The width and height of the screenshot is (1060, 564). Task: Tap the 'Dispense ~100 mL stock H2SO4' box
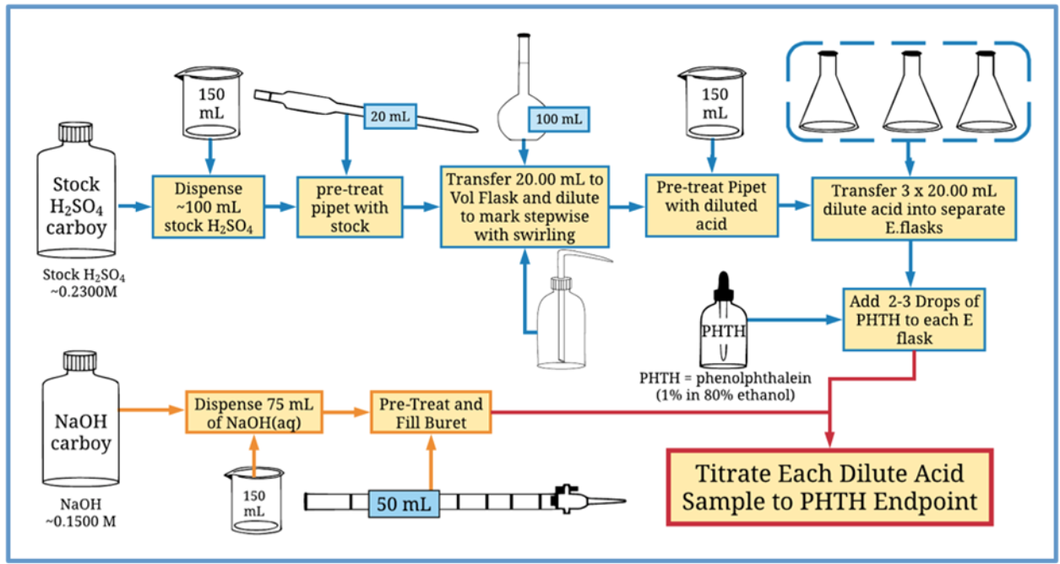click(x=209, y=205)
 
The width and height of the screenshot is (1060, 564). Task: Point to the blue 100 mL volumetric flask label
click(x=558, y=119)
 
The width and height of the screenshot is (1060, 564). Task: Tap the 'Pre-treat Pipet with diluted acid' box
click(x=711, y=205)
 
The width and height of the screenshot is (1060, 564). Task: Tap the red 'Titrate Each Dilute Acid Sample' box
click(x=829, y=487)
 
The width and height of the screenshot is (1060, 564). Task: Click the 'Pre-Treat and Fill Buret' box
click(x=430, y=411)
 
